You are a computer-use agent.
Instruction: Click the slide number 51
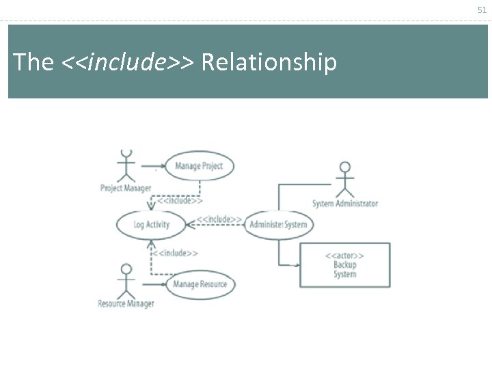coord(482,10)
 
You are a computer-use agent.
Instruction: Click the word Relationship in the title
coord(269,62)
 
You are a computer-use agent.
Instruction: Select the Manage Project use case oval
coord(199,166)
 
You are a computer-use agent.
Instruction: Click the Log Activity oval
coord(152,224)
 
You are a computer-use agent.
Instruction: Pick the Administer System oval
coord(278,224)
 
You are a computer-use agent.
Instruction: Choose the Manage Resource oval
coord(200,284)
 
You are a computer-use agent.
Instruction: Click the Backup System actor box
coord(345,265)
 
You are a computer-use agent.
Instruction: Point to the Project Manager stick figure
coord(125,165)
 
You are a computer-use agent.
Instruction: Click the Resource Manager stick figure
coord(125,280)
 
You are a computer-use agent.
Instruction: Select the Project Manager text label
coord(126,188)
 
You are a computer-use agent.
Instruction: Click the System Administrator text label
coord(345,204)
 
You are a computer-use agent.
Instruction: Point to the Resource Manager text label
coord(126,303)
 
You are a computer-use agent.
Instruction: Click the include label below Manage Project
coord(180,200)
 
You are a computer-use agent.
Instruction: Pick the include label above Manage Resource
coord(175,253)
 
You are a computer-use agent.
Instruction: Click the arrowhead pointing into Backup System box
coord(295,264)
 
